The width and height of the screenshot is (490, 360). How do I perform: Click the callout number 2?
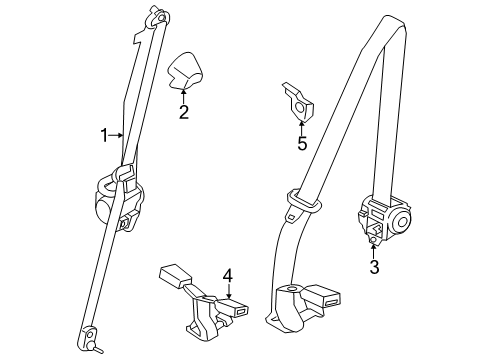[184, 112]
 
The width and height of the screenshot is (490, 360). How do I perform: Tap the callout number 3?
[373, 268]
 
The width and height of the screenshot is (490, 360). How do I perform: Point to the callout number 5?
[301, 142]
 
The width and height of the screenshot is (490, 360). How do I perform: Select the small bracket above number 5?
[298, 100]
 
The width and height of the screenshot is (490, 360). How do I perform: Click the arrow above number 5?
[301, 126]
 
